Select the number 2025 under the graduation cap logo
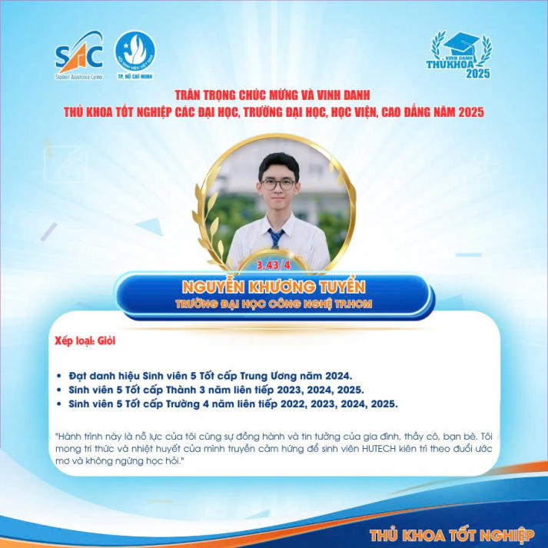477,75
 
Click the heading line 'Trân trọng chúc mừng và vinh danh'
273,95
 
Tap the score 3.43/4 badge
274,264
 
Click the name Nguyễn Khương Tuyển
273,287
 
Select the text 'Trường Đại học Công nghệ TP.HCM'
273,304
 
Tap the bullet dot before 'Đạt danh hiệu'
61,377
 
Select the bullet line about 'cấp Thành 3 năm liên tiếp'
216,390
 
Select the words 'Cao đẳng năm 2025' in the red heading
435,113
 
